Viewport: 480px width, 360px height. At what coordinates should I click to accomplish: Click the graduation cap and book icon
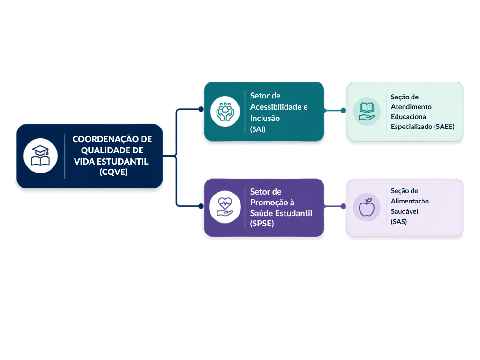[40, 156]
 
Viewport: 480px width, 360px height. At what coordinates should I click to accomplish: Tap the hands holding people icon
[225, 112]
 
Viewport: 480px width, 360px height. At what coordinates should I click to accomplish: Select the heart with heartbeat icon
[225, 207]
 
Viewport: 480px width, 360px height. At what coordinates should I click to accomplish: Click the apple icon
[367, 207]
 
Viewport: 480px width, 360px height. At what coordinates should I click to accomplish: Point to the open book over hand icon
[367, 112]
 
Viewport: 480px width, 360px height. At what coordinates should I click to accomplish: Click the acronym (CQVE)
[113, 172]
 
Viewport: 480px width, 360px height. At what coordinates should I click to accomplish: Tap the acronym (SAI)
[258, 129]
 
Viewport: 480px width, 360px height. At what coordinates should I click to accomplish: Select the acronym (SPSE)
[262, 224]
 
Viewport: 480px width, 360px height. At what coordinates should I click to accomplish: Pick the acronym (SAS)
[399, 222]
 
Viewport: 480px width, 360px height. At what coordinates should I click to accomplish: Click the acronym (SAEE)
[444, 127]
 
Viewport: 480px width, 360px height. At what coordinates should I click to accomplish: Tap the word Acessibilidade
[276, 107]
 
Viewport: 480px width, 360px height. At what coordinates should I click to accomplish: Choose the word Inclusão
[265, 118]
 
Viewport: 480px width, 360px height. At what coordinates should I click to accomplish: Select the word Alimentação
[410, 201]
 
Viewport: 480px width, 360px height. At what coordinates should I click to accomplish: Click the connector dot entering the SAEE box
[344, 110]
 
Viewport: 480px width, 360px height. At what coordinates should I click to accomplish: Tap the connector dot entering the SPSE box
[201, 206]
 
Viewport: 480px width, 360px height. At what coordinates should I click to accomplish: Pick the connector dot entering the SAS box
[344, 206]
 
